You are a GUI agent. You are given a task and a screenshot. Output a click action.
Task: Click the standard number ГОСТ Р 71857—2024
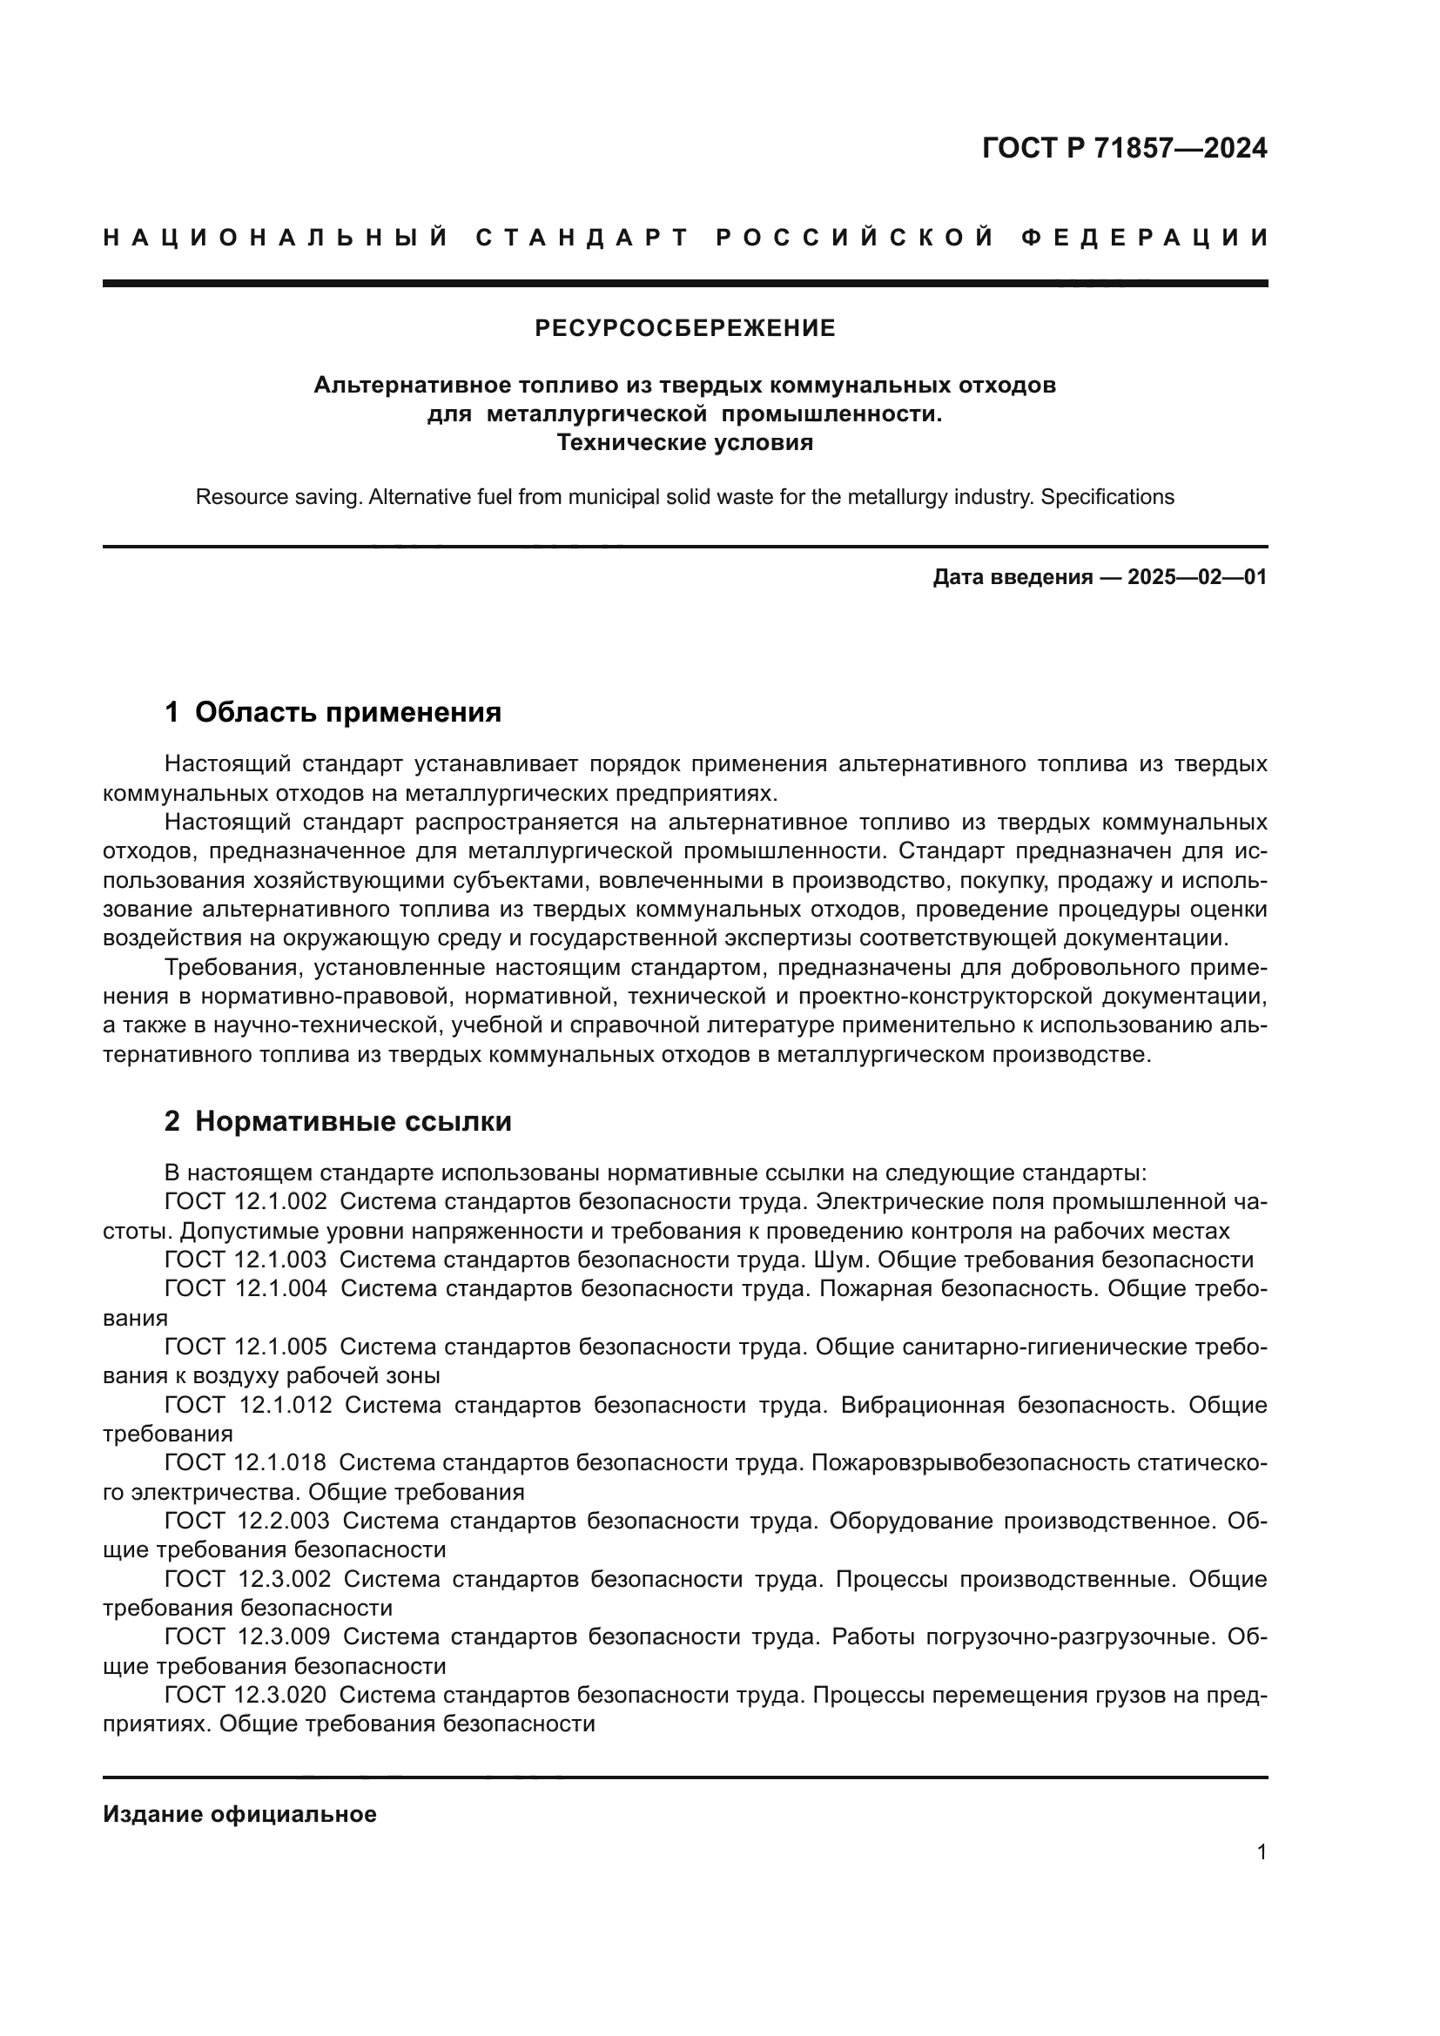(x=1124, y=148)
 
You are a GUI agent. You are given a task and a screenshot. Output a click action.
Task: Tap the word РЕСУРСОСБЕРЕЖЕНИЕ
(x=684, y=329)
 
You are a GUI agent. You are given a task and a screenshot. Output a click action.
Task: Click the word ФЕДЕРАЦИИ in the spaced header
(x=1145, y=238)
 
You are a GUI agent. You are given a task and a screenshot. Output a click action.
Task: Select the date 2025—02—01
(x=1197, y=578)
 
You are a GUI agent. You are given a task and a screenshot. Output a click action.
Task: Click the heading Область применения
(x=347, y=712)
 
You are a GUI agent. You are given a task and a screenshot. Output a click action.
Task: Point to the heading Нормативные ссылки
(x=353, y=1122)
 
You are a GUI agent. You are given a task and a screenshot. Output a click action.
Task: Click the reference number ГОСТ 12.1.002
(x=246, y=1202)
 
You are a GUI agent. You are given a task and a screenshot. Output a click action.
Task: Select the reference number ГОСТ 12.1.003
(x=246, y=1260)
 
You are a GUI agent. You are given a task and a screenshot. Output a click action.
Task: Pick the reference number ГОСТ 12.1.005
(x=246, y=1347)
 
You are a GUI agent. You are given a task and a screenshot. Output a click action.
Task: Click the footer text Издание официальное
(x=239, y=1814)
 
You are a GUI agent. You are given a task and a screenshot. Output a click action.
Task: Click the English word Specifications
(x=1107, y=498)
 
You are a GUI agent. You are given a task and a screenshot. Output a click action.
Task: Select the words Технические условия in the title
(x=684, y=442)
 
